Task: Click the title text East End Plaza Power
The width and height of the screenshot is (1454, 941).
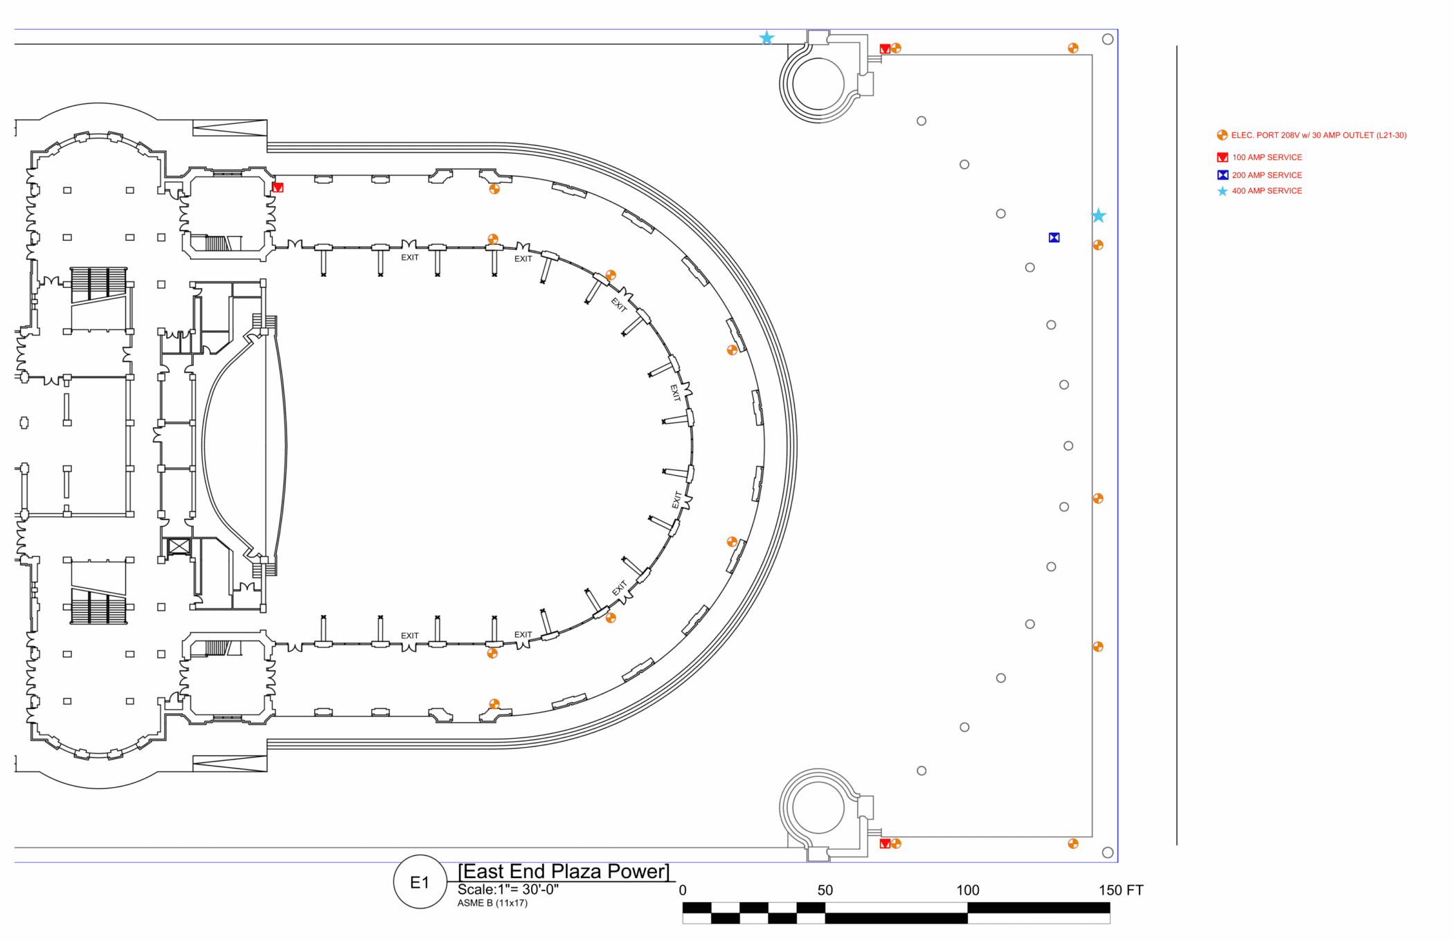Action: (x=564, y=871)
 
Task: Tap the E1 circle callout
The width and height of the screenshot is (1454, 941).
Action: (x=420, y=882)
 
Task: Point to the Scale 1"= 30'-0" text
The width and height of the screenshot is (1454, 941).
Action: (x=508, y=890)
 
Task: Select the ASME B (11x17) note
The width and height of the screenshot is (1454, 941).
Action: (x=492, y=903)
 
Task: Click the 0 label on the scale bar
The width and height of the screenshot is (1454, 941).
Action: (x=683, y=890)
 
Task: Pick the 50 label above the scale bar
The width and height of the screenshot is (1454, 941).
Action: (x=825, y=890)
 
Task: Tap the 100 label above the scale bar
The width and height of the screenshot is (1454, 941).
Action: (x=967, y=890)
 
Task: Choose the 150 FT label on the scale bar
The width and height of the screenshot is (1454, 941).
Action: (x=1120, y=890)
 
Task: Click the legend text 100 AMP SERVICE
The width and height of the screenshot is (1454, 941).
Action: (x=1266, y=157)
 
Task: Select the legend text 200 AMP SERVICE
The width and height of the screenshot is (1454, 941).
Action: (x=1266, y=175)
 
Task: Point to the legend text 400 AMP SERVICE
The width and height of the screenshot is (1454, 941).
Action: (x=1266, y=191)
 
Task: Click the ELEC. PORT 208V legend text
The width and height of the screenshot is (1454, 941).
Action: (x=1318, y=136)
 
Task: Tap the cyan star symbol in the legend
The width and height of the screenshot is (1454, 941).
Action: (x=1222, y=191)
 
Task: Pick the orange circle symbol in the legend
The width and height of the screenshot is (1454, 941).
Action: (x=1222, y=136)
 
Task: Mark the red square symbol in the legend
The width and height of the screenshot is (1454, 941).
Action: (x=1222, y=157)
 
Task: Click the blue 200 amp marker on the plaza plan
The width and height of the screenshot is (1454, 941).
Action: (x=1054, y=238)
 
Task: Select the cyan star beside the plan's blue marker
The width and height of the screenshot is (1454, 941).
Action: (x=1099, y=216)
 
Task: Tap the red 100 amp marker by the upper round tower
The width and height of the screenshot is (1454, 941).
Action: (x=885, y=48)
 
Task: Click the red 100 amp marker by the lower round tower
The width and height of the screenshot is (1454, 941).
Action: (x=885, y=843)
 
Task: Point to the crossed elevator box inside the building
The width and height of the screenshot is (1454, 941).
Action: (x=179, y=546)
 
